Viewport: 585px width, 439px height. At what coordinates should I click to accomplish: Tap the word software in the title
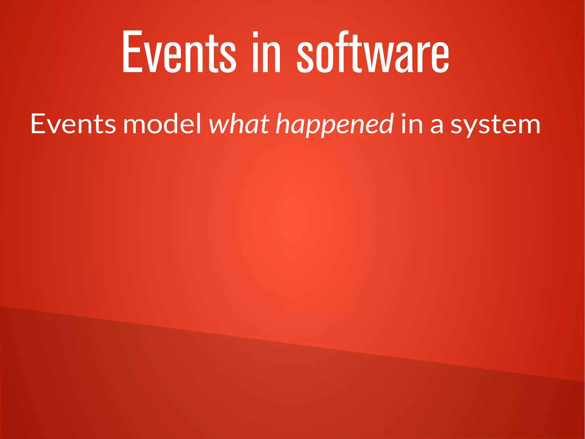[373, 51]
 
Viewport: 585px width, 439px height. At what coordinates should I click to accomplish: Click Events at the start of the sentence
[73, 124]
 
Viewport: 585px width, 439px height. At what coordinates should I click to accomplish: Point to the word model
[163, 124]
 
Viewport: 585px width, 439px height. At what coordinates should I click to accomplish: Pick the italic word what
[239, 124]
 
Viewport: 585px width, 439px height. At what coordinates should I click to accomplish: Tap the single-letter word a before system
[436, 126]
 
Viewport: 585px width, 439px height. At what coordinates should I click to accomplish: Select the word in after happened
[412, 124]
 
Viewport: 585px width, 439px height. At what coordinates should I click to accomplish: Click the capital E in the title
[132, 51]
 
